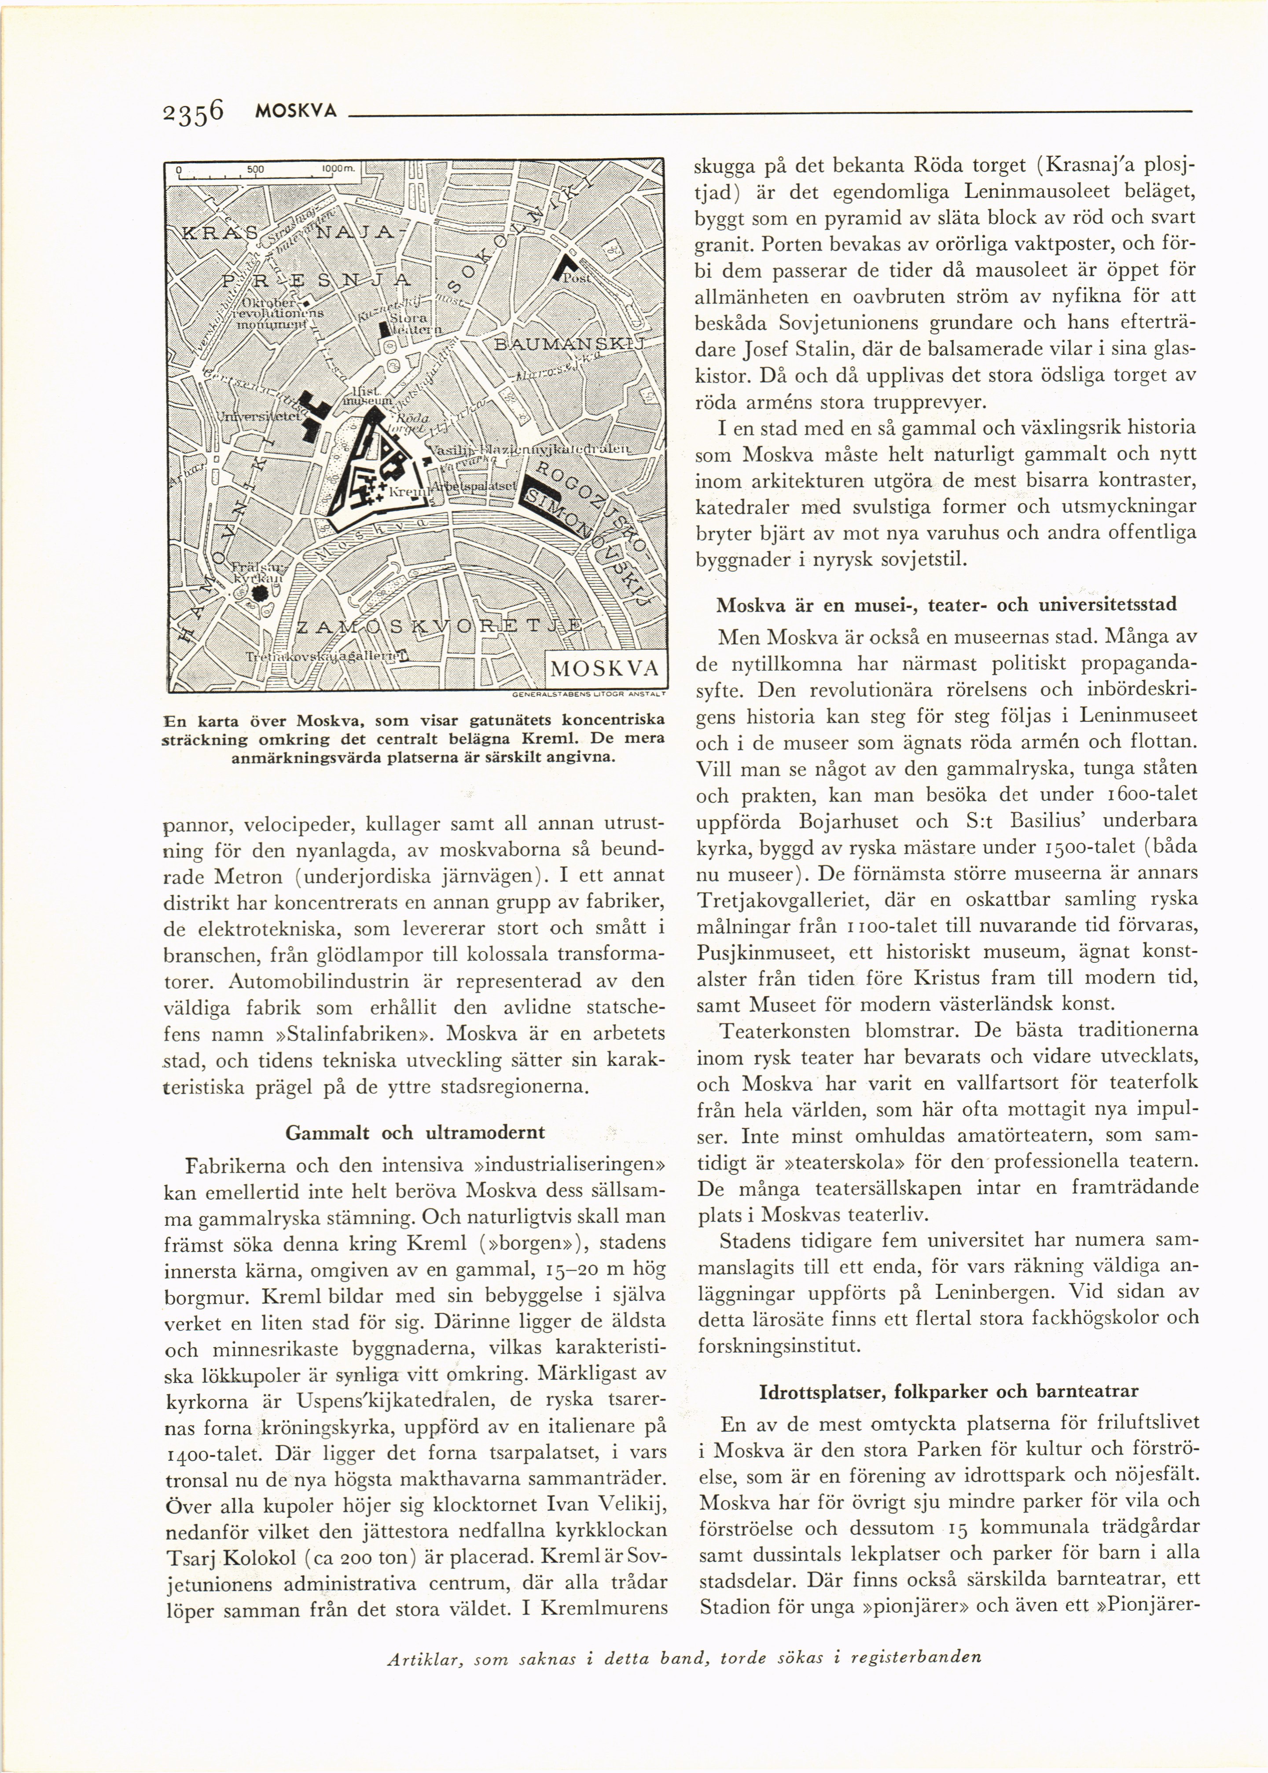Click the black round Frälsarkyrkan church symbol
pyautogui.click(x=259, y=593)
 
